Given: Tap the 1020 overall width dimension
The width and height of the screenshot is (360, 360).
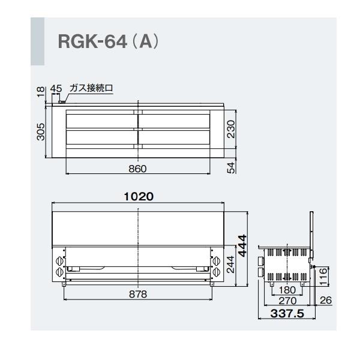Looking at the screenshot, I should click(140, 196).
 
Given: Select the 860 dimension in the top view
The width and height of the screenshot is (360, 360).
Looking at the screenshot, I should click(138, 169).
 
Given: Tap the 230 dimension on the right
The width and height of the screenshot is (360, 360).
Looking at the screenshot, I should click(231, 128).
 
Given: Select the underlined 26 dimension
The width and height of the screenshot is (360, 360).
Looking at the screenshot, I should click(325, 301).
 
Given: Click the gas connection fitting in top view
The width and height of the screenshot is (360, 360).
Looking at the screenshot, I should click(60, 103).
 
